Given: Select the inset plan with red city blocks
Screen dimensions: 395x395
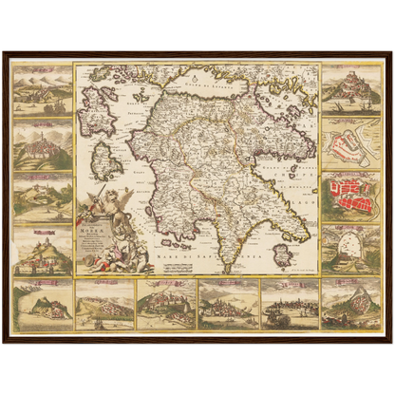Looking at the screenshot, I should pos(351,197).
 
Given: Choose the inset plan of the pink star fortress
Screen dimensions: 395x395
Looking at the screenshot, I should pos(351,142).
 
